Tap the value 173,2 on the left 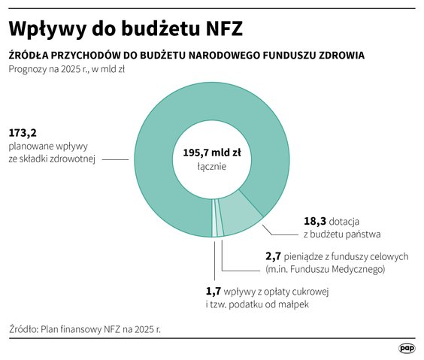23,133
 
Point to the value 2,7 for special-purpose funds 274,256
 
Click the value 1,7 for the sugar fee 214,291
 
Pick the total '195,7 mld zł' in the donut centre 214,152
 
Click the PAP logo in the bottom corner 407,348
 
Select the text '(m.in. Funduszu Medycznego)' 325,269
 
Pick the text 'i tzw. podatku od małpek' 257,304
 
